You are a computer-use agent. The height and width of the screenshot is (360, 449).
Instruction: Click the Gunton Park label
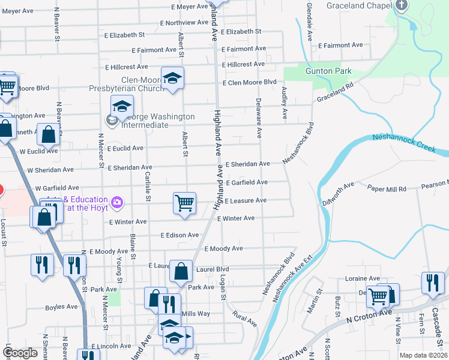pos(328,71)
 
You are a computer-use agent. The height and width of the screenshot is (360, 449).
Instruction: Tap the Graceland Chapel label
pos(359,6)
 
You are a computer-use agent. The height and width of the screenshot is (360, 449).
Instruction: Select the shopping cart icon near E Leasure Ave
pos(184,202)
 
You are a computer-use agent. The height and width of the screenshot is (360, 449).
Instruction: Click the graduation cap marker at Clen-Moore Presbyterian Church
pos(173,78)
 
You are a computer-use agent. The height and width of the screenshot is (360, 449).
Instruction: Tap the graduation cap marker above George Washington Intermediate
pos(122,106)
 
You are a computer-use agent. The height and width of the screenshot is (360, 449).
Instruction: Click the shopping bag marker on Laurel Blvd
pos(181,271)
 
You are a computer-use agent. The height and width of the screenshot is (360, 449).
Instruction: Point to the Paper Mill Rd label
pos(387,189)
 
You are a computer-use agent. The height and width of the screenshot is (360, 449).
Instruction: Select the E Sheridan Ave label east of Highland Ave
pos(247,164)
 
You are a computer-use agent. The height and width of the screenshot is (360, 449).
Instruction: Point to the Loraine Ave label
pos(363,279)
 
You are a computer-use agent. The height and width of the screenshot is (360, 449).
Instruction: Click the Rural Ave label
pos(245,319)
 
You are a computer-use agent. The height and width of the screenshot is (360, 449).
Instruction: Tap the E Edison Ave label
pos(179,235)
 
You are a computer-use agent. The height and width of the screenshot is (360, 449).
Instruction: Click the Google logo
pos(20,353)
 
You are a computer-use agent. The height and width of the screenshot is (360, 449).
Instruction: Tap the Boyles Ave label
pos(62,307)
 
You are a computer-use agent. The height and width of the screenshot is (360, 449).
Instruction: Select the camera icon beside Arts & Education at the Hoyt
pos(116,203)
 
